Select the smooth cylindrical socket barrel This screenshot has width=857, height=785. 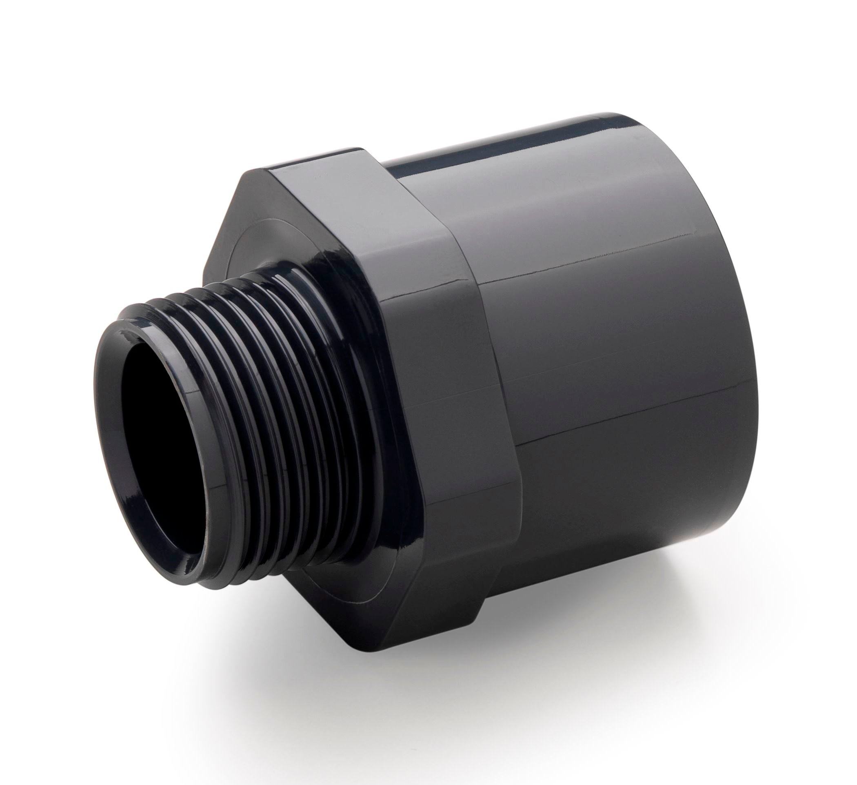pyautogui.click(x=616, y=383)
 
